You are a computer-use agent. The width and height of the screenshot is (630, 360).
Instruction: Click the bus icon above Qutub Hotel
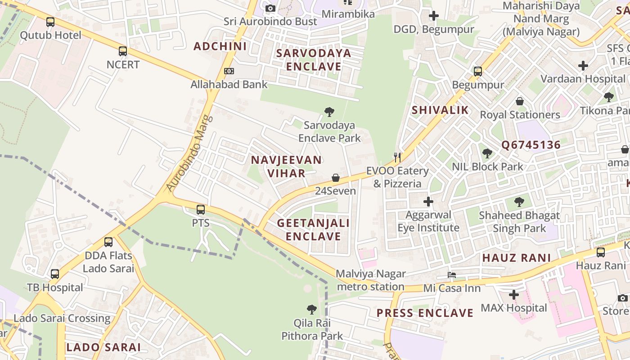click(50, 22)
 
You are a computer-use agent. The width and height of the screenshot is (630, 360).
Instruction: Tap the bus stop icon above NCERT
click(123, 51)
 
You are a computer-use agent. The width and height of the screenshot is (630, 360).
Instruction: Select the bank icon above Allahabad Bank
click(229, 71)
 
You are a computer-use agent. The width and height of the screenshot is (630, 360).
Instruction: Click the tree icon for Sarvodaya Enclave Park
click(329, 112)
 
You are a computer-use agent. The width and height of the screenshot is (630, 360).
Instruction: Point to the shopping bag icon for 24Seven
click(336, 178)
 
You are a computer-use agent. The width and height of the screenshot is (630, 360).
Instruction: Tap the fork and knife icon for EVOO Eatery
click(397, 157)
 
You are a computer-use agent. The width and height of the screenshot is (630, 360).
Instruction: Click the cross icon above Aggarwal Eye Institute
click(428, 201)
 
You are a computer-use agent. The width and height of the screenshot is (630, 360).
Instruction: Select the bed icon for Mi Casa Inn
click(452, 274)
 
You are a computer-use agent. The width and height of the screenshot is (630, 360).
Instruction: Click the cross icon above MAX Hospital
click(513, 295)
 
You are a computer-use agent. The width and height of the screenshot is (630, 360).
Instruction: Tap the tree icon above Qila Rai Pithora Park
click(311, 310)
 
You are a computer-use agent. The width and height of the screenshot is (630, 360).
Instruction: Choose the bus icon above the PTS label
click(201, 210)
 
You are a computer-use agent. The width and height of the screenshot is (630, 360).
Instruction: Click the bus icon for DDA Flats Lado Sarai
click(108, 242)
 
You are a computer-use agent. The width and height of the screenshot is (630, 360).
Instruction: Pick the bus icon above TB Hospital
click(55, 274)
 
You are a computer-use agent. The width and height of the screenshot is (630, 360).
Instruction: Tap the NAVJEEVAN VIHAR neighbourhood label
click(286, 166)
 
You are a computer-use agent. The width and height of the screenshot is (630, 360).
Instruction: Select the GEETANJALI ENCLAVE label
click(313, 229)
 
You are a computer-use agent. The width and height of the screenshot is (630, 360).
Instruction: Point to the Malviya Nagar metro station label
click(371, 280)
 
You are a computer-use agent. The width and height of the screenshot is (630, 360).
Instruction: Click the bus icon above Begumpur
click(478, 72)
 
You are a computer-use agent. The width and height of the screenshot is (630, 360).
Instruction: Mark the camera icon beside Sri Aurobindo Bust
click(270, 8)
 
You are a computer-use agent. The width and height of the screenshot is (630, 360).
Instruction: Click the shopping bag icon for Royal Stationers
click(520, 101)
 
